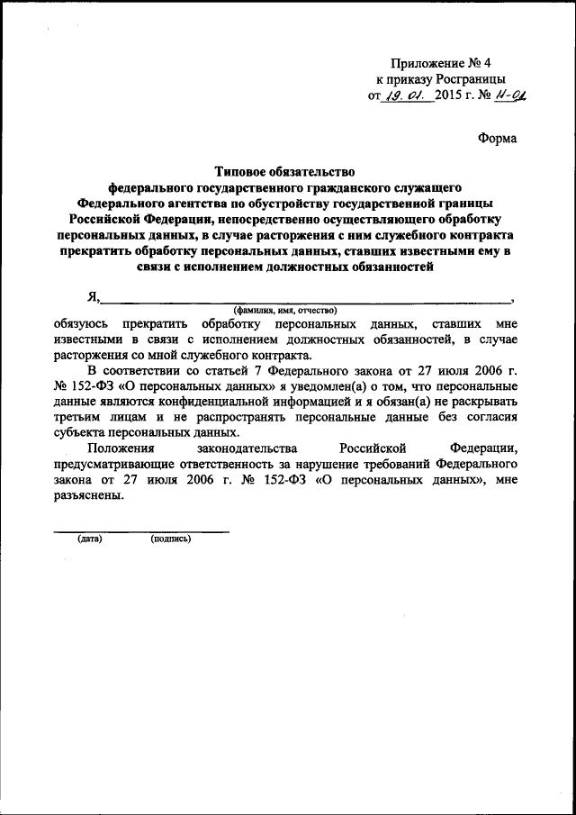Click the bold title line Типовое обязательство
[x=284, y=170]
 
